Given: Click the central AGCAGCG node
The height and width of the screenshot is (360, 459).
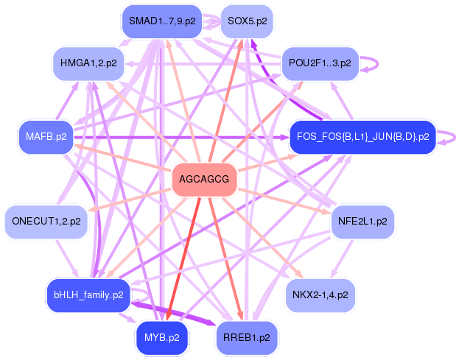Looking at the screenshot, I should (203, 180).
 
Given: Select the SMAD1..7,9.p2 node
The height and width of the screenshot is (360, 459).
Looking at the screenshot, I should (162, 21).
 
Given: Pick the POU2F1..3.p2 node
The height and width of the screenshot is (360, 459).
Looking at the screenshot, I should (320, 63).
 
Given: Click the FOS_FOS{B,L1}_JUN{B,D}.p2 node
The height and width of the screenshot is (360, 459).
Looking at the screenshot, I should (362, 137).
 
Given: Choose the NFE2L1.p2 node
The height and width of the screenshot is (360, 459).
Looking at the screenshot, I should (361, 221).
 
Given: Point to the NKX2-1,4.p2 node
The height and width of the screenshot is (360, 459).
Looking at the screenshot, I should (320, 294).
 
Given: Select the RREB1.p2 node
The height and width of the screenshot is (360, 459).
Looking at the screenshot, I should (247, 338).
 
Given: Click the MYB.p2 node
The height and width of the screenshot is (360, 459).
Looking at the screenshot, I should (162, 338).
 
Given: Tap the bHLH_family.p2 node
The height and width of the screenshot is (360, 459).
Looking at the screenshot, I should (88, 295).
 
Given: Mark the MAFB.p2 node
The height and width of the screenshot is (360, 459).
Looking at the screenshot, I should (46, 137).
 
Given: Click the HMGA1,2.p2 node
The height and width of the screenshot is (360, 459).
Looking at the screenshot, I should (88, 63).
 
